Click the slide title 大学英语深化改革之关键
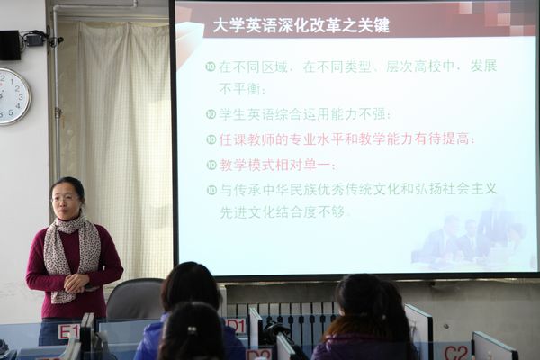coord(301,25)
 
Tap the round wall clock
coord(13,96)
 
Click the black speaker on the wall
coord(10,45)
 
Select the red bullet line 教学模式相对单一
coord(277,165)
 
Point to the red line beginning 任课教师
coord(347,139)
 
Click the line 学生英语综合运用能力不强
coord(305,114)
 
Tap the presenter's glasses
coord(65,198)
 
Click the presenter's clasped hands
coord(77,283)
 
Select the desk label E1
coord(69,331)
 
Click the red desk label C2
coord(456,352)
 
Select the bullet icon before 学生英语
coord(211,114)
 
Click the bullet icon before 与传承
coord(211,190)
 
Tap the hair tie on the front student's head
coord(191,330)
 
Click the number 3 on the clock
coord(21,97)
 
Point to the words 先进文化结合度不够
coord(282,212)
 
